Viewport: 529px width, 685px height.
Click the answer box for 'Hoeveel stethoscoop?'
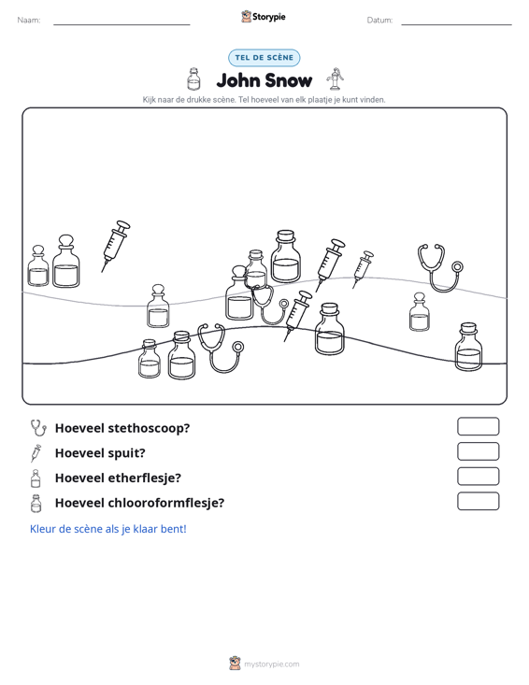tap(478, 426)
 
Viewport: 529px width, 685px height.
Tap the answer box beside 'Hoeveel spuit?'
tap(478, 451)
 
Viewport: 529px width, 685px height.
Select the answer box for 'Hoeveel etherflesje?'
tap(478, 477)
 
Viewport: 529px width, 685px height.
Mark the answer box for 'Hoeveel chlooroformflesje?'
tap(478, 501)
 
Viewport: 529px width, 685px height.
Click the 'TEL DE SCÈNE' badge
tap(264, 58)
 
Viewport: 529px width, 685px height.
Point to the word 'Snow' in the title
tap(288, 80)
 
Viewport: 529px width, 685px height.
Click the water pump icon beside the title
tap(335, 79)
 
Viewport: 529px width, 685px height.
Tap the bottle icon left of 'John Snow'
tap(193, 79)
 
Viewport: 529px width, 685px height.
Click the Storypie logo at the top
tap(264, 17)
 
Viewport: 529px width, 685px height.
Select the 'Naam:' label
tap(29, 21)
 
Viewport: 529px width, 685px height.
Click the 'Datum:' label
tap(379, 21)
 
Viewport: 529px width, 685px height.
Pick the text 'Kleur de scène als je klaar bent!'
tap(107, 529)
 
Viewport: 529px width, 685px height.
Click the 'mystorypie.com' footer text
tap(271, 664)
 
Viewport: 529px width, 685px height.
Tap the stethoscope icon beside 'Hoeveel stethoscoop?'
tap(38, 428)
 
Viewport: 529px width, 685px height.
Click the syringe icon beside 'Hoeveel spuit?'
tap(36, 453)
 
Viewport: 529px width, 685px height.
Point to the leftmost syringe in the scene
tap(116, 246)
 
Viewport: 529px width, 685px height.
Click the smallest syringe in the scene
tap(363, 269)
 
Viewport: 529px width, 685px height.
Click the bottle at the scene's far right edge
tap(469, 347)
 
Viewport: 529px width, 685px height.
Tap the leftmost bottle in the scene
tap(38, 266)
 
